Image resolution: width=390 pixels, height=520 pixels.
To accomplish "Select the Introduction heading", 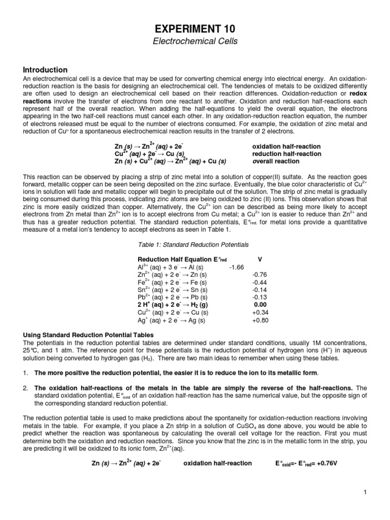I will [x=45, y=70].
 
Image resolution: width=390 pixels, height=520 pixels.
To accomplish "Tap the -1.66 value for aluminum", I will [x=237, y=267].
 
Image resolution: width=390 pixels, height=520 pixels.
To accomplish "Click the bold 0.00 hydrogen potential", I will [x=260, y=305].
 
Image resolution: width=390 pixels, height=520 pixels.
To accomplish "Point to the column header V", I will [x=260, y=259].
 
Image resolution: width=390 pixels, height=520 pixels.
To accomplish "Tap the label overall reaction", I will [x=276, y=161].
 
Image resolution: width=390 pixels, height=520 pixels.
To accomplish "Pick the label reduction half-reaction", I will [x=286, y=154].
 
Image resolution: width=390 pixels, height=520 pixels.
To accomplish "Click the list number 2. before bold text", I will [x=26, y=387].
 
